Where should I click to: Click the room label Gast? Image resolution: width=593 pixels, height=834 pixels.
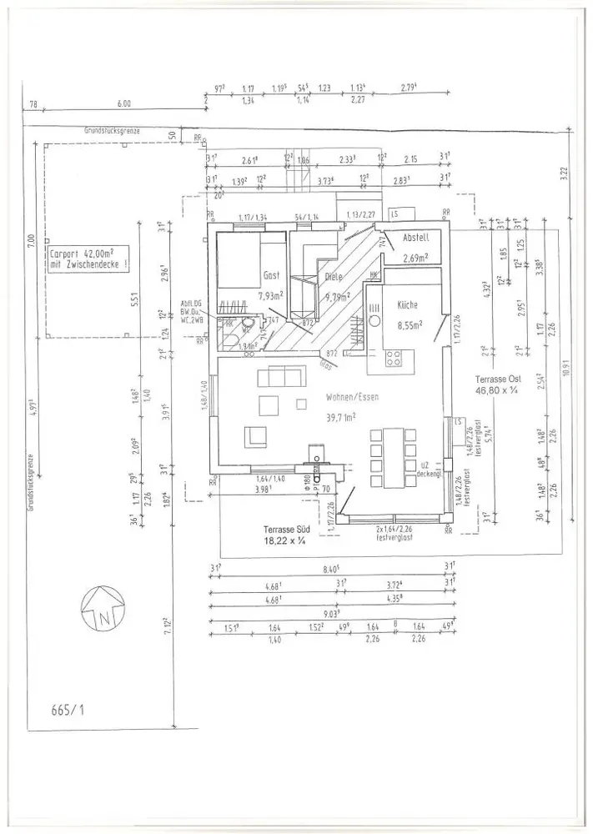(272, 274)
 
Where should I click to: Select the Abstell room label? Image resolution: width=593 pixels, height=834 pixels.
(415, 238)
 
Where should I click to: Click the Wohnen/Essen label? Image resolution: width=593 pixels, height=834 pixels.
(354, 397)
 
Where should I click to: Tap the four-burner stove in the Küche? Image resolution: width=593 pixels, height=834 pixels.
(394, 360)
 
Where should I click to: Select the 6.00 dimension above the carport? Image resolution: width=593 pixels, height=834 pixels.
(124, 104)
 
